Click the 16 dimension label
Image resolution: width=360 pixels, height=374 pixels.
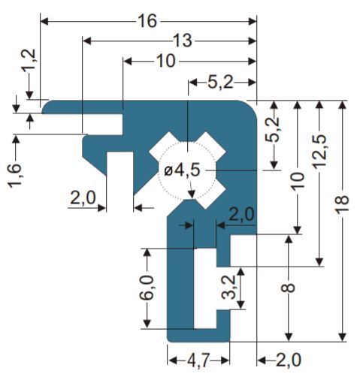(x=148, y=21)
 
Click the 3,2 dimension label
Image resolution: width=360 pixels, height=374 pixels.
(x=229, y=288)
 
